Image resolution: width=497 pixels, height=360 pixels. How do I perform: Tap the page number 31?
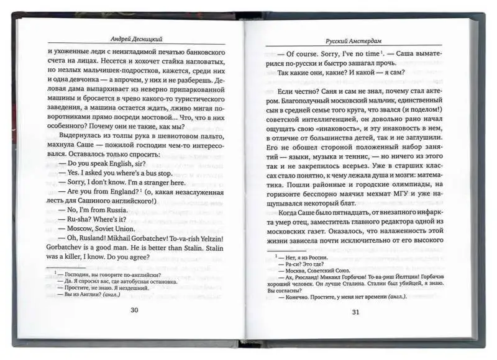(355, 312)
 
